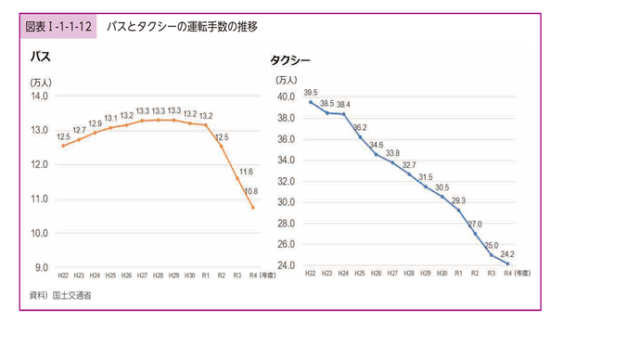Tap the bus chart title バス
tap(40, 58)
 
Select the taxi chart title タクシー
tap(290, 61)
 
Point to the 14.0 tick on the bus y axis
tap(39, 96)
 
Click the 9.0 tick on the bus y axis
tap(41, 267)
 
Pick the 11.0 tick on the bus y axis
tap(39, 199)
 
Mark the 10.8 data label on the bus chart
tap(250, 191)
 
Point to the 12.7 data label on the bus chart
tap(79, 131)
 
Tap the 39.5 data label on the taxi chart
tap(311, 92)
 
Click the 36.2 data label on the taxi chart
tap(360, 127)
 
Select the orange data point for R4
tap(253, 207)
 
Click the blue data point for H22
tap(311, 102)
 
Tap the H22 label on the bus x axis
tap(63, 276)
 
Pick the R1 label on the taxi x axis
tap(458, 274)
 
